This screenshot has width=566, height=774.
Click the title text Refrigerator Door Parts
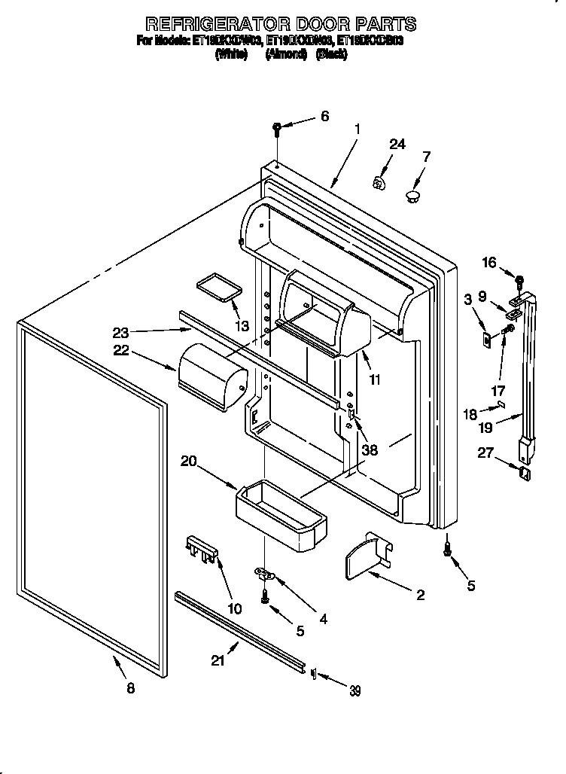tap(280, 25)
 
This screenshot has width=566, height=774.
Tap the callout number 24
tap(397, 145)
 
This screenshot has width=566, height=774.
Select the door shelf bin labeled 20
tap(281, 513)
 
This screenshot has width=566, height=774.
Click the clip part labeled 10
tap(202, 549)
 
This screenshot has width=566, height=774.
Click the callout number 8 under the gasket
tap(131, 688)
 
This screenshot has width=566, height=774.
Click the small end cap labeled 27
tap(525, 473)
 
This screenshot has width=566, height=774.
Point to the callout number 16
tap(488, 262)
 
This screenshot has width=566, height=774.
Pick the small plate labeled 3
tap(486, 338)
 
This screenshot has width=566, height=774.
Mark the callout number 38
tap(369, 450)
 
